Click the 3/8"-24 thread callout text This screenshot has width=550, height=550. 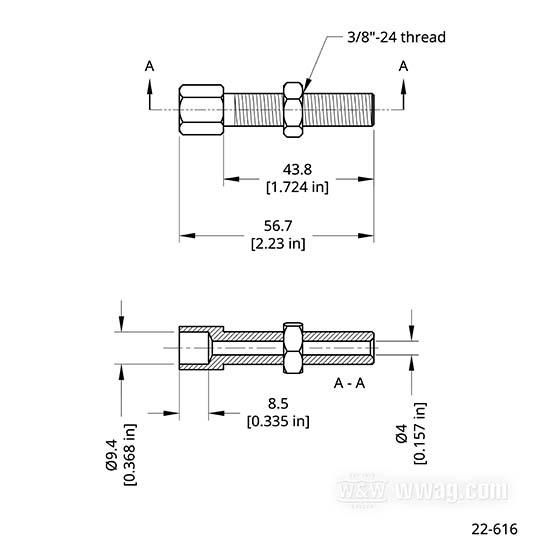tap(396, 37)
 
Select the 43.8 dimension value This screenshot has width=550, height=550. tap(297, 170)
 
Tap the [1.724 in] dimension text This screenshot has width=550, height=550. tap(297, 187)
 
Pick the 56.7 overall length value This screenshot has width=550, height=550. tap(278, 226)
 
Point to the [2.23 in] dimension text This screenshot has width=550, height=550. tap(278, 243)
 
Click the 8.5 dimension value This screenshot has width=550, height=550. tap(278, 404)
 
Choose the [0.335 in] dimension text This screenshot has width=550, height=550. tap(278, 421)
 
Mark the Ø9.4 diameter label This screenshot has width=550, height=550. tap(112, 455)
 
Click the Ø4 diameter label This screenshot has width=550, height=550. tap(402, 433)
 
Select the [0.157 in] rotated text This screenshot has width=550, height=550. tap(420, 433)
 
